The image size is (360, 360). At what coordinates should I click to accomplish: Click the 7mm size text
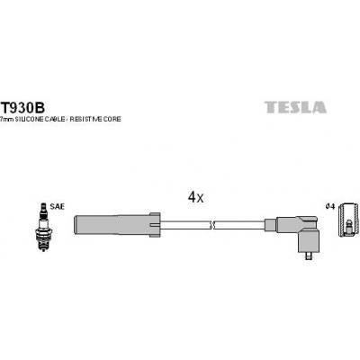coord(6,120)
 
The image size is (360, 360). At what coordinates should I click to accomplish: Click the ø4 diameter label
coord(330,207)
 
